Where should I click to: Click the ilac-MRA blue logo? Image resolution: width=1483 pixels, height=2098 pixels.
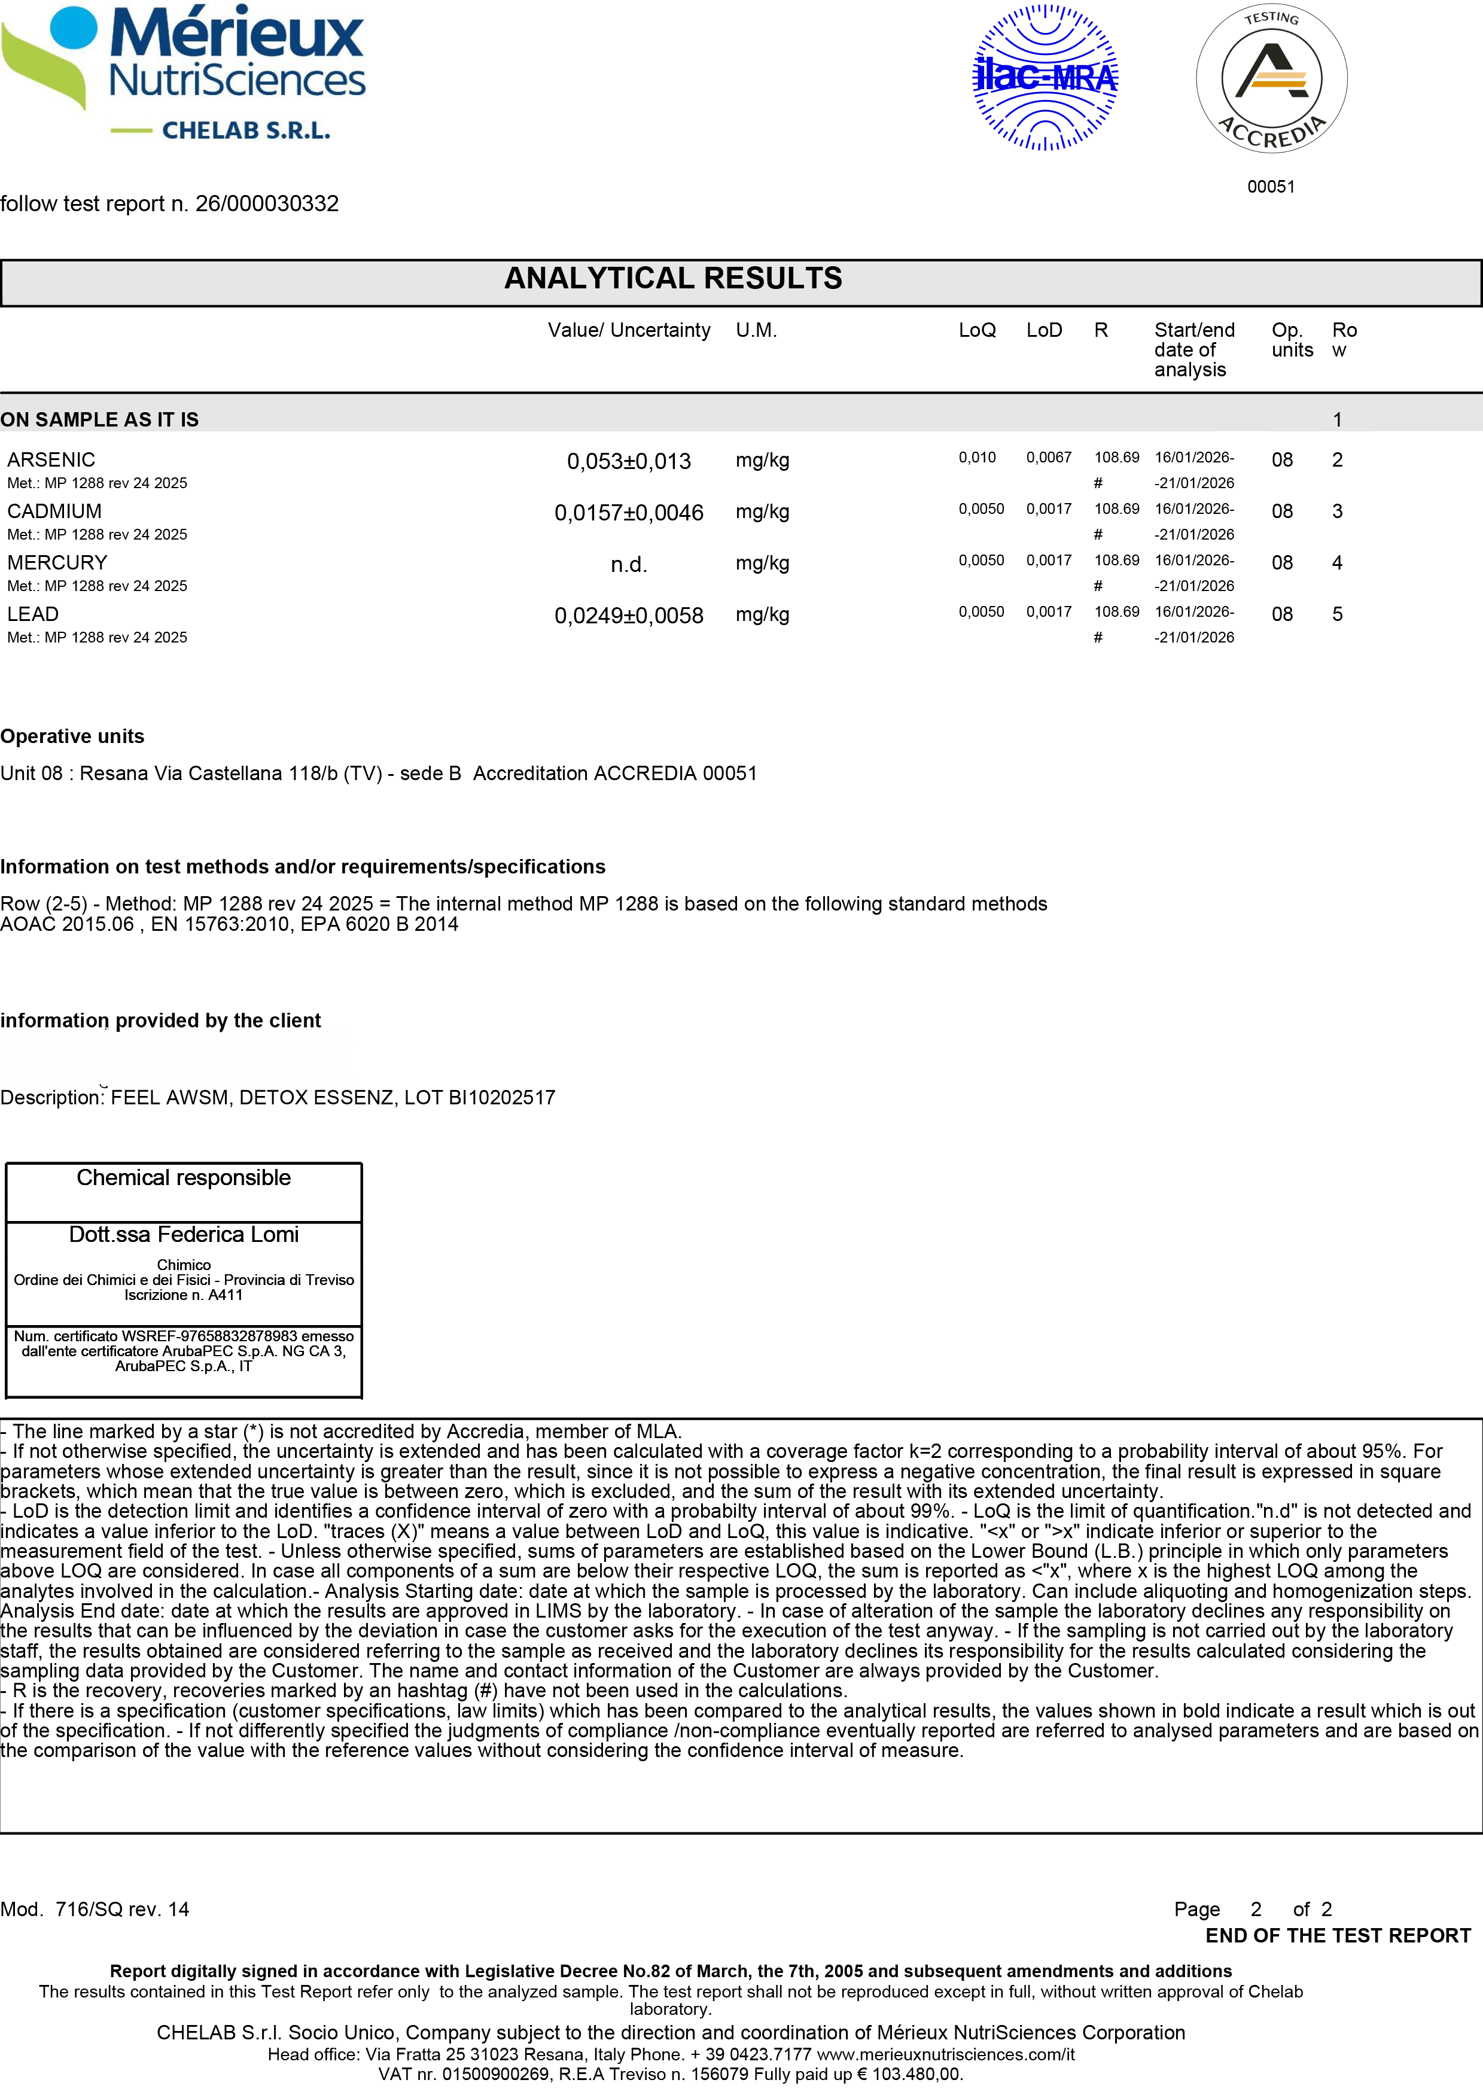coord(1045,78)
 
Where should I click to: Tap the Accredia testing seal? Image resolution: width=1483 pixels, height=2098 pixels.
coord(1271,80)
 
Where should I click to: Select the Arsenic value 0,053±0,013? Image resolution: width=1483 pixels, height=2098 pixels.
coord(629,461)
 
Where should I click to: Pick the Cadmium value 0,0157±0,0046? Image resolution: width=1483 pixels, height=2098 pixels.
coord(629,513)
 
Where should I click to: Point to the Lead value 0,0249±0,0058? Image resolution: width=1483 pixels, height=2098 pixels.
coord(629,616)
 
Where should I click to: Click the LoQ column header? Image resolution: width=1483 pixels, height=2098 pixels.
coord(977,330)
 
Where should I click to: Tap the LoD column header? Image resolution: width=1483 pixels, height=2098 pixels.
coord(1043,330)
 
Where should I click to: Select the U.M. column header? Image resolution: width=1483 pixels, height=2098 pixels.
coord(756,330)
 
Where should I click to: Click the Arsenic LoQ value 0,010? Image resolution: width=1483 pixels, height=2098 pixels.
coord(977,457)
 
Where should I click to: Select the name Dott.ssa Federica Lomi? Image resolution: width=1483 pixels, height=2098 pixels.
coord(184,1235)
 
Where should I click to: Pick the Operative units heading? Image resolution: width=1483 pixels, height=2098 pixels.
coord(72,736)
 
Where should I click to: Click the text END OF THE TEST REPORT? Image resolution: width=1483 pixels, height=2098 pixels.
coord(1338,1935)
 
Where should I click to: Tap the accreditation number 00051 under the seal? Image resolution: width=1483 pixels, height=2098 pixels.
coord(1271,187)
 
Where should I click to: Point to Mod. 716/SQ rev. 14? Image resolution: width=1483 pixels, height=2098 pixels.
coord(95,1909)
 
